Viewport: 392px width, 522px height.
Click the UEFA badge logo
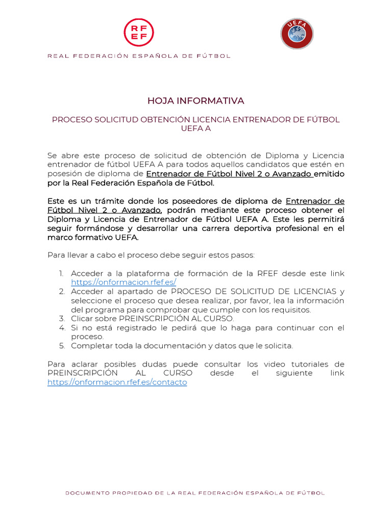(x=297, y=34)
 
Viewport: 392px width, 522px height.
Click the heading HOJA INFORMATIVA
(x=196, y=101)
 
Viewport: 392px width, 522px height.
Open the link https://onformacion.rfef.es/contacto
(x=117, y=382)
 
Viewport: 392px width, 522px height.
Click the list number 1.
(x=61, y=274)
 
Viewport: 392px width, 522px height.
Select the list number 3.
(x=61, y=319)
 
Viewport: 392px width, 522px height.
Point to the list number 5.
(x=61, y=346)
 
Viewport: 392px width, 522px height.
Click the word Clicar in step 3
(x=82, y=319)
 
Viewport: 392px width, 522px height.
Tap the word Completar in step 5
(x=90, y=346)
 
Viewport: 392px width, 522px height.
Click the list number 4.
(x=61, y=328)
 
